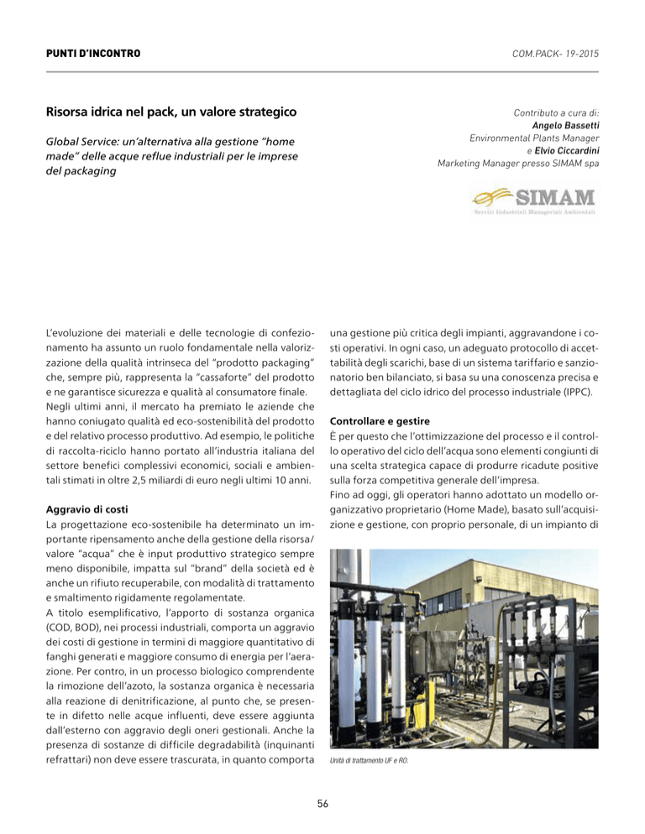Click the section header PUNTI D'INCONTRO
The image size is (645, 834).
click(93, 55)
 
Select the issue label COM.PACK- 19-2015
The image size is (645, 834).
click(550, 55)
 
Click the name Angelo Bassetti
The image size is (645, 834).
click(566, 125)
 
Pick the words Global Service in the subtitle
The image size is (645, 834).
click(86, 143)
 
